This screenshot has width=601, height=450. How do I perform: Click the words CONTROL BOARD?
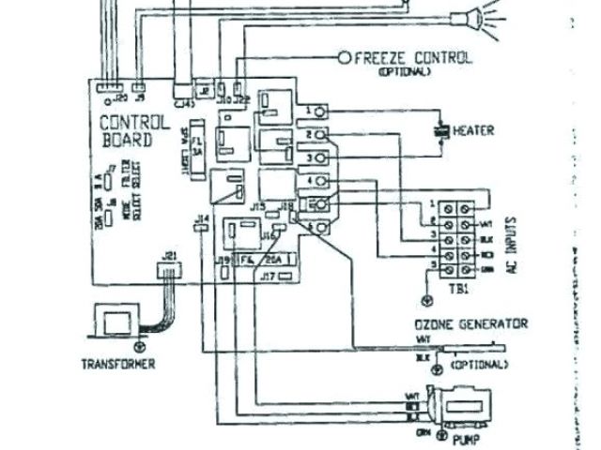click(x=134, y=131)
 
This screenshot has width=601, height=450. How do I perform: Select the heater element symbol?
click(x=439, y=130)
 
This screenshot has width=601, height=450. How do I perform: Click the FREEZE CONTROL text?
click(x=413, y=58)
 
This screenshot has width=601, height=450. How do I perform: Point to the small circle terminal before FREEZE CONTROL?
click(x=344, y=58)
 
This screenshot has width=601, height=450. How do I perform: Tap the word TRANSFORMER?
click(x=117, y=364)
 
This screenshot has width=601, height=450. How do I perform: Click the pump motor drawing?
click(x=460, y=406)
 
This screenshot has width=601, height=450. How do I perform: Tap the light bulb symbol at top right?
click(x=467, y=16)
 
